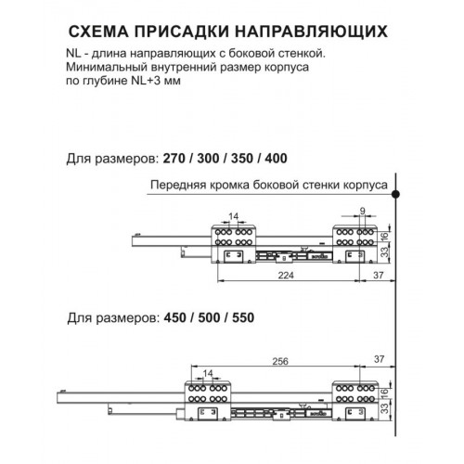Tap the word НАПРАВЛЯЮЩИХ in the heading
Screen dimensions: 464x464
tap(311, 32)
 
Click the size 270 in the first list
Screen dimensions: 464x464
tap(174, 158)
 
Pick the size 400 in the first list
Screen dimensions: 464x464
tap(277, 158)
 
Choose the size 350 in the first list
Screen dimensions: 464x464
tap(242, 158)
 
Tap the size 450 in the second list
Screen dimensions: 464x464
tap(175, 317)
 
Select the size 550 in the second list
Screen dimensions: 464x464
tap(243, 317)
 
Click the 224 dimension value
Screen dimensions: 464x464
tap(286, 275)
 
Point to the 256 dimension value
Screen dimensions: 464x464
tap(280, 361)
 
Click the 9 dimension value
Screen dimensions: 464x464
tap(363, 211)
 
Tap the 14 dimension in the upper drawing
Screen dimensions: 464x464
tap(234, 216)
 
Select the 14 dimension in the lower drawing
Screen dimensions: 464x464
tap(208, 373)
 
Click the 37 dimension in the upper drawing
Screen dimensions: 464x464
tap(379, 275)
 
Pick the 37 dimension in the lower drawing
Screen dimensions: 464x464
tap(379, 359)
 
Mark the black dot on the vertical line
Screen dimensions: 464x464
tap(395, 194)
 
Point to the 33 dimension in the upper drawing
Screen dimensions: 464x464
tap(384, 252)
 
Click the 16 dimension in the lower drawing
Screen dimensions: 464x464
tap(384, 393)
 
